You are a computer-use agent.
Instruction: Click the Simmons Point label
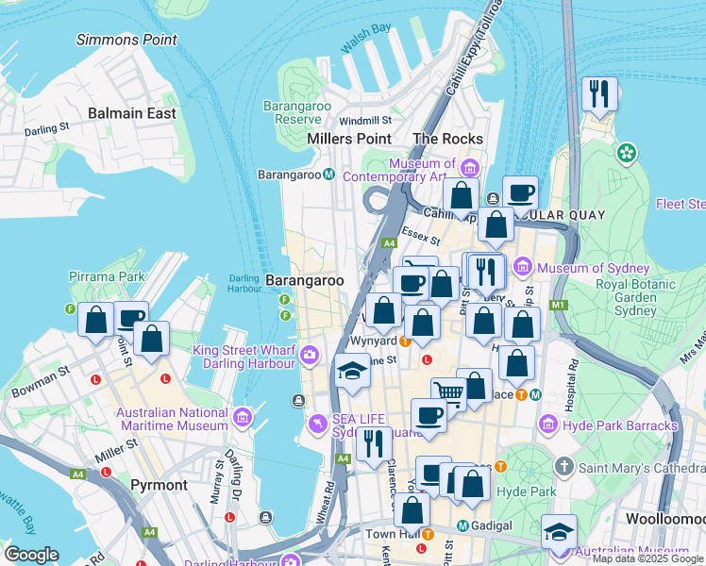126,40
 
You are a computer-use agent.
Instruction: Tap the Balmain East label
132,113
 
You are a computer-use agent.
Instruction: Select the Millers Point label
349,139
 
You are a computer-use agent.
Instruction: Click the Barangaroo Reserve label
297,112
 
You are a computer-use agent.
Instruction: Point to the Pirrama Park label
107,276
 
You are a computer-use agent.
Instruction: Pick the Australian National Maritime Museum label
172,419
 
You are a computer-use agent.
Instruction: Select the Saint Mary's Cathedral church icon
563,467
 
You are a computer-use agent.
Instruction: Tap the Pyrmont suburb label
160,485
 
